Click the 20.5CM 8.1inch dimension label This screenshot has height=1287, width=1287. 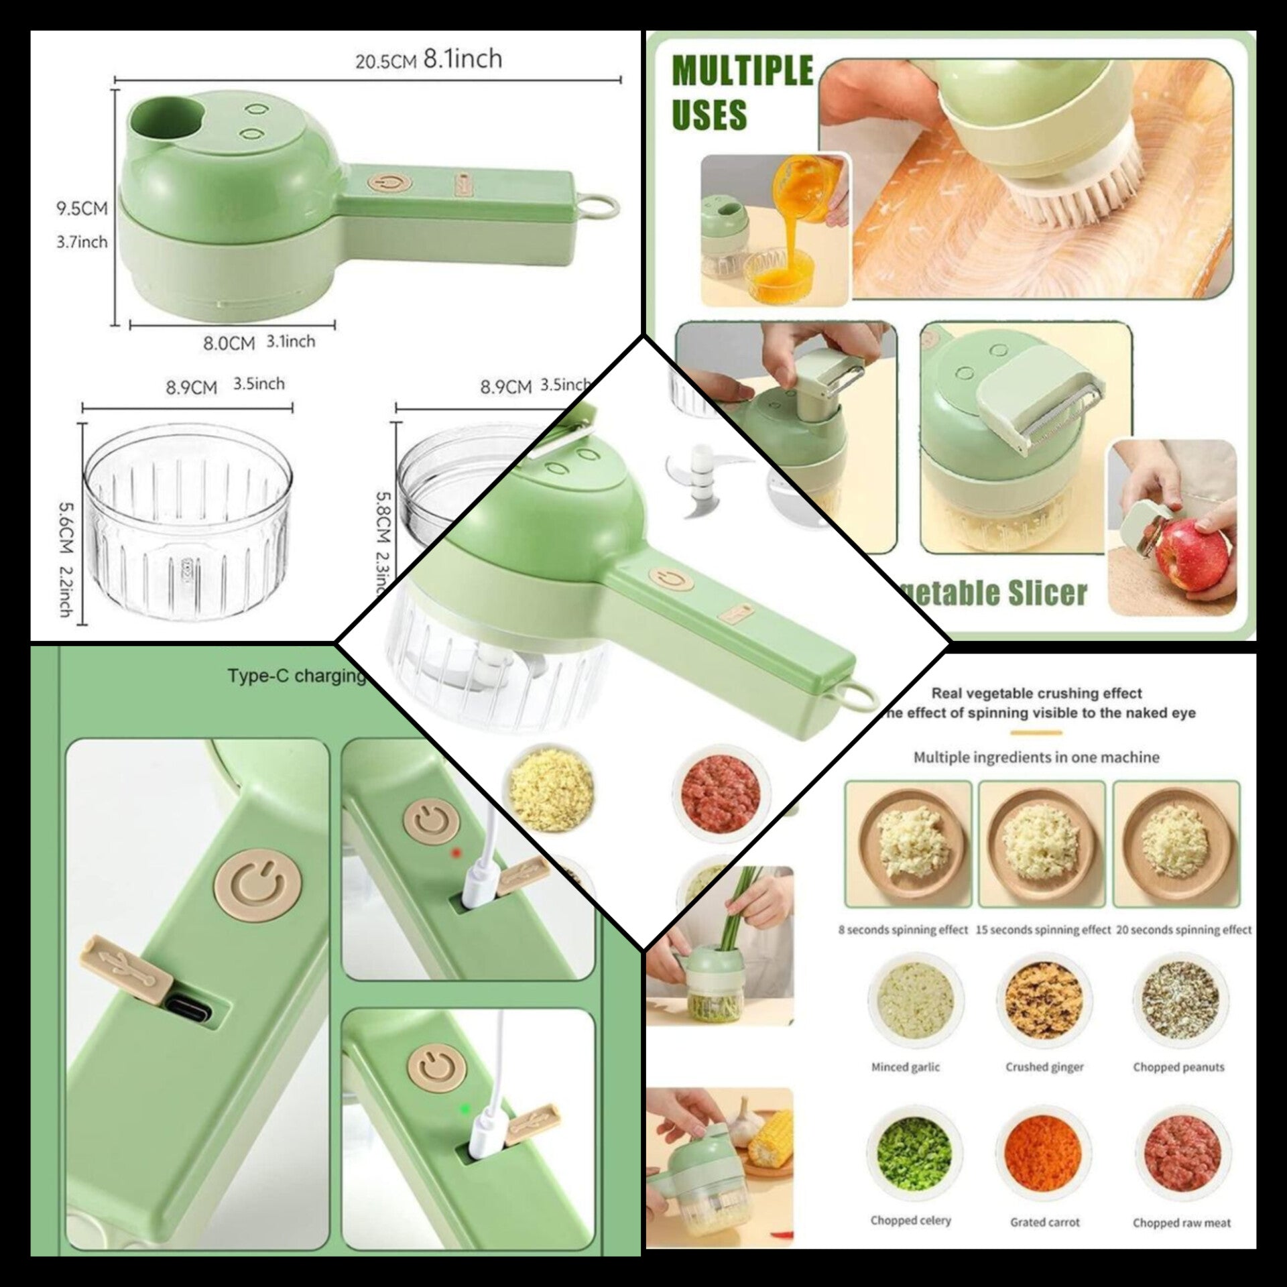point(428,60)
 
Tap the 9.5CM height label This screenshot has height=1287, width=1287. point(81,208)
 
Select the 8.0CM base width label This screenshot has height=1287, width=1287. point(229,343)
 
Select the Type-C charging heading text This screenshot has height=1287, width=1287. point(296,675)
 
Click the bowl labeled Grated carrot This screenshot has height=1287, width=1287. point(1043,1151)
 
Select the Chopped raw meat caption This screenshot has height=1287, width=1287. point(1182,1223)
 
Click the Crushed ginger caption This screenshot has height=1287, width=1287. point(1044,1067)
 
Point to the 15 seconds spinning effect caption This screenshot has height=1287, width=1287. point(1043,930)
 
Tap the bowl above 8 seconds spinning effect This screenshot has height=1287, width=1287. point(908,843)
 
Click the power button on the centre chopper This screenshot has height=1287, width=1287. point(667,579)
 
